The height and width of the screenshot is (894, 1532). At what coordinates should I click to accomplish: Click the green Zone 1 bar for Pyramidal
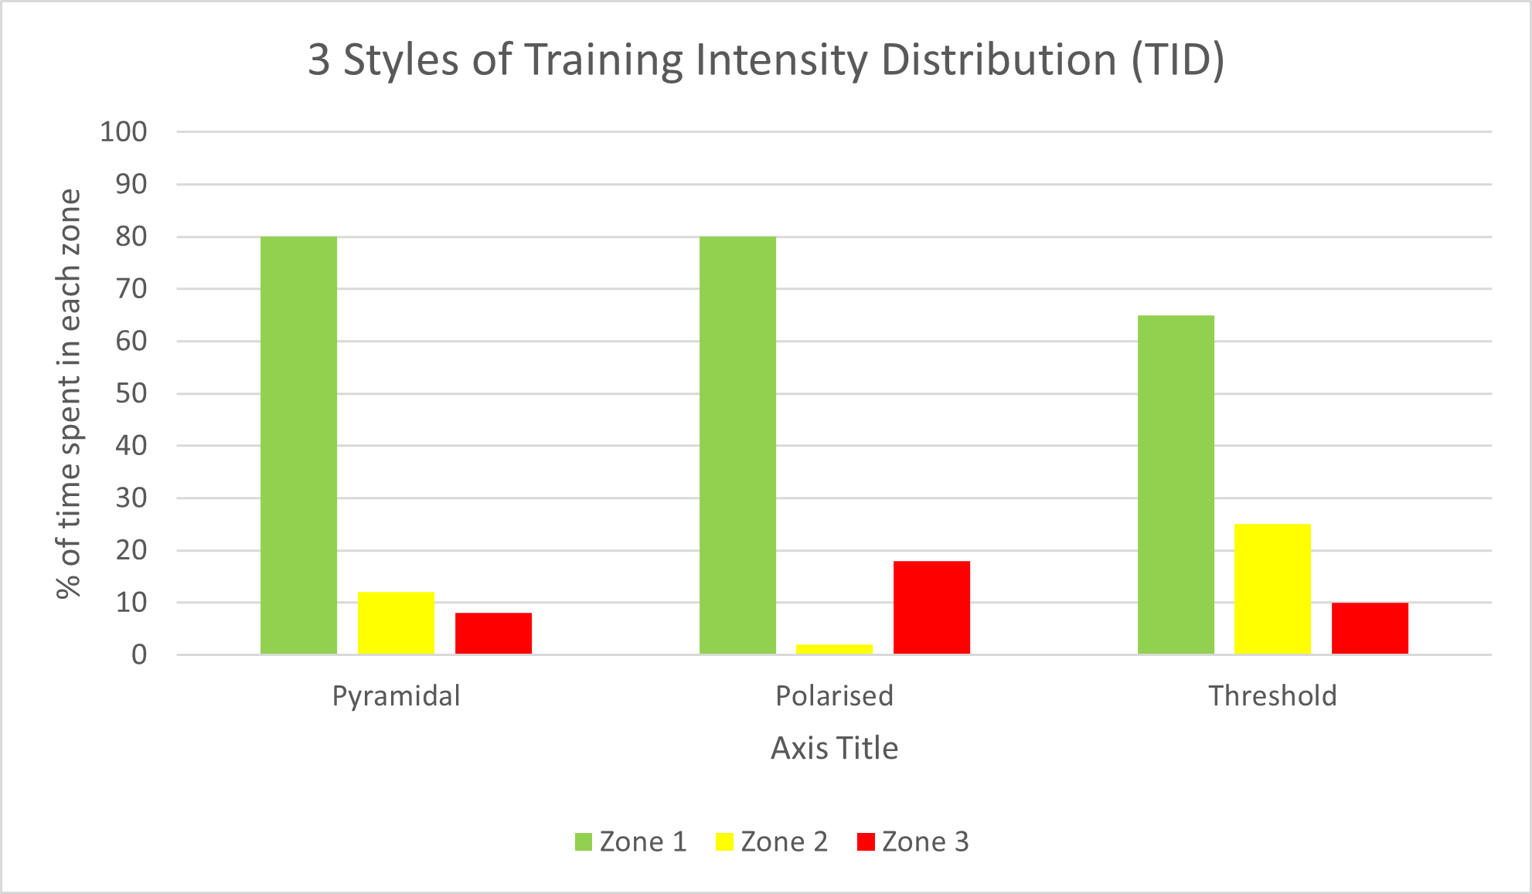298,445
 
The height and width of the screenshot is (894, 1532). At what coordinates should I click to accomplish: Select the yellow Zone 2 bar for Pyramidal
396,623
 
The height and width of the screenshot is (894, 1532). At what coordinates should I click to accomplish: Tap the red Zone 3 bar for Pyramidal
493,634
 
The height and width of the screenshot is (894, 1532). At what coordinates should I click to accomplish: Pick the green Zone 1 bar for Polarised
737,445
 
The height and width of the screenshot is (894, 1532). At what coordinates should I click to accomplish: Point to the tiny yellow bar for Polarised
834,649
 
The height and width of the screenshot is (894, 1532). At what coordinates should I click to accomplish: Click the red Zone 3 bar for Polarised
931,607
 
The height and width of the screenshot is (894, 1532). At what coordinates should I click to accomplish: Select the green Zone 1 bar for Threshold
1176,484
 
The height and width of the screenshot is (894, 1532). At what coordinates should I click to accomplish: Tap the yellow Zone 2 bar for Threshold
1272,589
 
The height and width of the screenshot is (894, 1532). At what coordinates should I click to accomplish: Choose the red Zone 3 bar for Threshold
1370,628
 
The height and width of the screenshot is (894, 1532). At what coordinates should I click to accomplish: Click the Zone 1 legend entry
631,841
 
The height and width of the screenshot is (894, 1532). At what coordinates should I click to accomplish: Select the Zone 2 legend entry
771,841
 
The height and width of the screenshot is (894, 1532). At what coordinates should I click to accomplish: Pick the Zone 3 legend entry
913,841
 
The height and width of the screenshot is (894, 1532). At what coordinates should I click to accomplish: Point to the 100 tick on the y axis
123,131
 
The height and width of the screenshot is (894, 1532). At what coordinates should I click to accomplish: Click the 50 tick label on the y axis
131,393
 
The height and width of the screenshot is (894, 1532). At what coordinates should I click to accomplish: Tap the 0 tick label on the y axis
139,654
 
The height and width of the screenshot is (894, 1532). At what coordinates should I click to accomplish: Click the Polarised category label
834,695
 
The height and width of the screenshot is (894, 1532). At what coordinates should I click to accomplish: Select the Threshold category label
1272,695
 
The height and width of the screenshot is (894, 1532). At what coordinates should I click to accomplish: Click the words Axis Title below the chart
834,748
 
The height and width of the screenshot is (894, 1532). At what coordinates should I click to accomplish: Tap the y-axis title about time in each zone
69,393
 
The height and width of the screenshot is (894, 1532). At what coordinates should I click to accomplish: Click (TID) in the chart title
1178,59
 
